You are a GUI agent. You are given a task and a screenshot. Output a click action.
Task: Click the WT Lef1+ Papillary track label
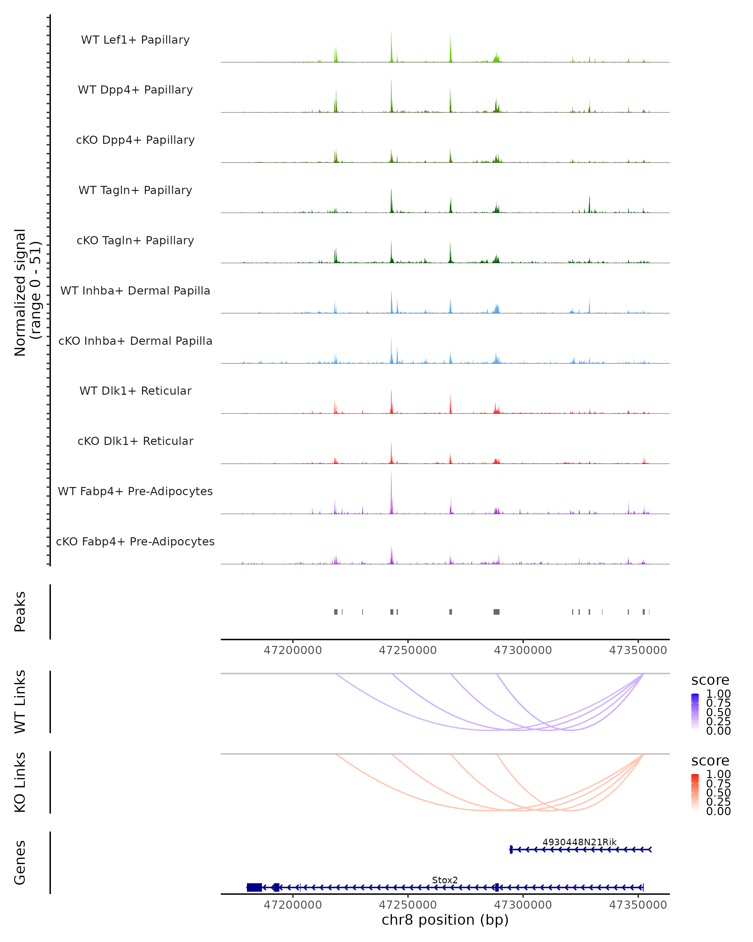(135, 40)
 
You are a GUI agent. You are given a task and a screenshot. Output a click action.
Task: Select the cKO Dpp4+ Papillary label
(135, 140)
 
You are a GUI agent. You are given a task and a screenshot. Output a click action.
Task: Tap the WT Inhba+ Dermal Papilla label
(135, 291)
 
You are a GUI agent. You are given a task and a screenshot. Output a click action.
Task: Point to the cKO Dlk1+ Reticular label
(135, 441)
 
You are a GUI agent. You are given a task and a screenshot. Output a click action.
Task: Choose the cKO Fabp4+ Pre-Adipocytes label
(135, 542)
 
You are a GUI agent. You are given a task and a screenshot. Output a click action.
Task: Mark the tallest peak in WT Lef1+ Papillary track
(391, 33)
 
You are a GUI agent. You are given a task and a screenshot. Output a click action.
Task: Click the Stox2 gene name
(445, 880)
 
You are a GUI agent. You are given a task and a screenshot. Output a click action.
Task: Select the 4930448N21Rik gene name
(579, 842)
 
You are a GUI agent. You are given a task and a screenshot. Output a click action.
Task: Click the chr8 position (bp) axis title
(445, 920)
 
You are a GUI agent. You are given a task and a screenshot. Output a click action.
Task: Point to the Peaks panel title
(20, 612)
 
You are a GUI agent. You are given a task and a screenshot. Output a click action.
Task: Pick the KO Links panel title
(20, 782)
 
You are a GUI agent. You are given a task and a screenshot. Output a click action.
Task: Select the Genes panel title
(20, 863)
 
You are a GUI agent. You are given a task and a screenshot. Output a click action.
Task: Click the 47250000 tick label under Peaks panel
(408, 650)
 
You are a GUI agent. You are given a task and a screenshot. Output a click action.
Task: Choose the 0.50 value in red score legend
(718, 793)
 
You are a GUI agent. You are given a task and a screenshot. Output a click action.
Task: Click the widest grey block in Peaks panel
(496, 612)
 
